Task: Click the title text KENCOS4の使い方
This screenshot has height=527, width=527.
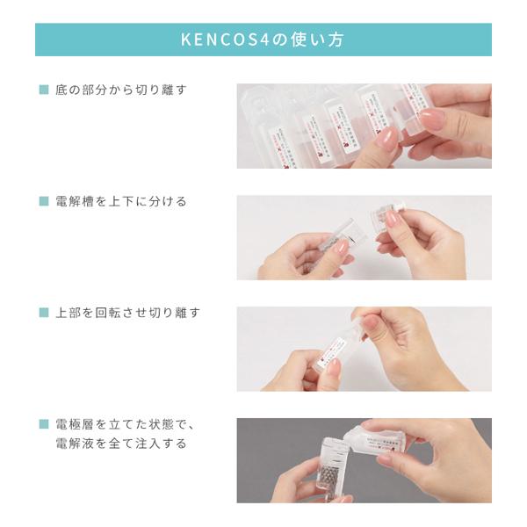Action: coord(263,40)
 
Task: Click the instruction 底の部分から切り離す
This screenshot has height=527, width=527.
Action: coord(121,90)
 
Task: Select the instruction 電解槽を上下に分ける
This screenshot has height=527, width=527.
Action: coord(121,201)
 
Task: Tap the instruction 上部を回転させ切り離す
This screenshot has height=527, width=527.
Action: coord(127,313)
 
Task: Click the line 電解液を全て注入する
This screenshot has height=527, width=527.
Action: coord(121,444)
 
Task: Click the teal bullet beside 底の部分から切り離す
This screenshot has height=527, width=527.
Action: coord(43,90)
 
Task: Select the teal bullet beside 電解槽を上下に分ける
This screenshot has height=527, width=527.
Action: coord(43,201)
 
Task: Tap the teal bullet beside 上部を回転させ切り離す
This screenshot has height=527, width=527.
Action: coord(43,313)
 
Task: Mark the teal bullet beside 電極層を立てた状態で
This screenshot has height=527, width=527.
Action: coord(43,424)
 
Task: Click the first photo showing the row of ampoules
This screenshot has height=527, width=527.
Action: coord(364,126)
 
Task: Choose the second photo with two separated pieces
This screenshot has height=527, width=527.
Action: coord(364,237)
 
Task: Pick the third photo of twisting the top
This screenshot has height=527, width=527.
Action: coord(364,349)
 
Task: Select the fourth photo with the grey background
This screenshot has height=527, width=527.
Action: coord(364,460)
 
